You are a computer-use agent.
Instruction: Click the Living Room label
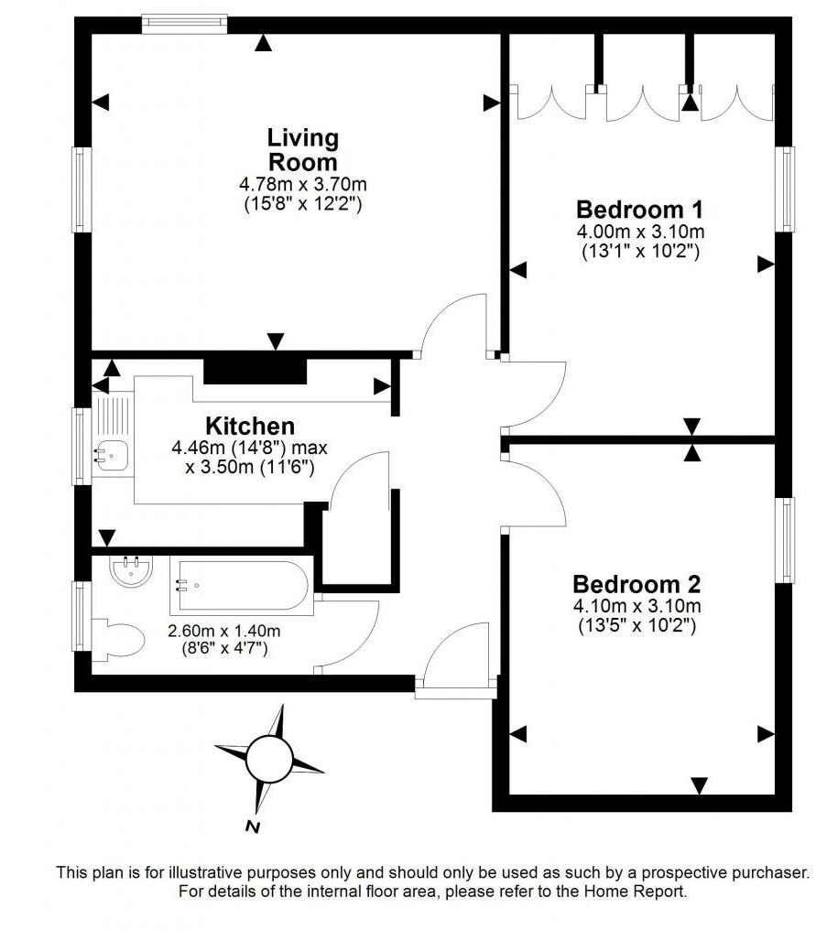[x=302, y=149]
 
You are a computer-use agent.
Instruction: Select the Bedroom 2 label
[x=637, y=583]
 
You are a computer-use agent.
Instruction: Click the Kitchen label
[x=250, y=426]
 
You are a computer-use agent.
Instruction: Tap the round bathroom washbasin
[x=130, y=573]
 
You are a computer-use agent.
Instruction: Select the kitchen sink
[x=113, y=450]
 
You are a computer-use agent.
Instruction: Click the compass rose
[x=270, y=757]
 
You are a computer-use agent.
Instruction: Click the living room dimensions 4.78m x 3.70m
[x=301, y=185]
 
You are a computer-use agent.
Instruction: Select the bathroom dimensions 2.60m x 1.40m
[x=223, y=630]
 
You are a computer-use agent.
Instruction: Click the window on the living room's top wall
[x=184, y=24]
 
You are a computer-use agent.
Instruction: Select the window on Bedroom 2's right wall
[x=784, y=539]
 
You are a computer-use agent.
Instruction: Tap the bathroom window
[x=82, y=617]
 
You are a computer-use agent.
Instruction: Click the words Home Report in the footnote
[x=636, y=890]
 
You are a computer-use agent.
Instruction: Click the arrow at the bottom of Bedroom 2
[x=700, y=785]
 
